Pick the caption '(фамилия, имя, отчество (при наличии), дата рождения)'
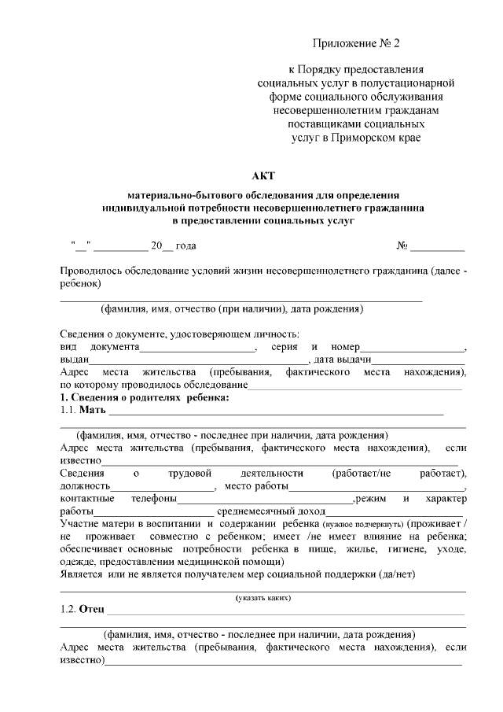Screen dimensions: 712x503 231,309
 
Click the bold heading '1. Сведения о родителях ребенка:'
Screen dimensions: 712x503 145,398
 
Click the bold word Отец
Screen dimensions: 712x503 91,611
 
